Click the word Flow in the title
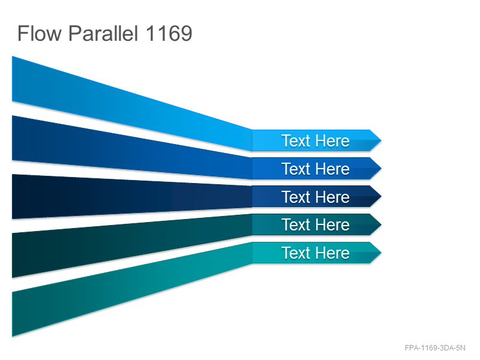coord(40,33)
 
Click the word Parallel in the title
coord(103,33)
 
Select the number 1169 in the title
coord(169,33)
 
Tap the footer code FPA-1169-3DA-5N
coord(435,348)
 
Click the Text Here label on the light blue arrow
coord(316,141)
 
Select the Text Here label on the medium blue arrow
coord(316,169)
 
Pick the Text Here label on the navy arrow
coord(316,197)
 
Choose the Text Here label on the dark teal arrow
coord(316,224)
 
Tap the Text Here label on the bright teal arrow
coord(316,253)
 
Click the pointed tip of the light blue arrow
coord(381,140)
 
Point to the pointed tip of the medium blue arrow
coord(381,169)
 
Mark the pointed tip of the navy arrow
coord(381,197)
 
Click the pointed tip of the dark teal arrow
coord(381,224)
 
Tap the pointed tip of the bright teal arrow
coord(381,253)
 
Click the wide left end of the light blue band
coord(12,79)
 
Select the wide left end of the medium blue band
coord(12,138)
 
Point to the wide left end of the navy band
coord(12,197)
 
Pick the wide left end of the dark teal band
coord(12,256)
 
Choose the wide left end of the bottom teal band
coord(12,314)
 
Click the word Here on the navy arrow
coord(332,197)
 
